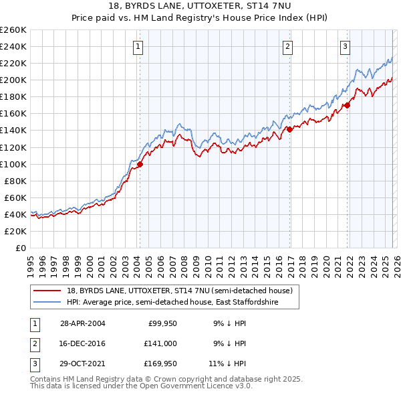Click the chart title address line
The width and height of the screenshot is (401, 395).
point(200,6)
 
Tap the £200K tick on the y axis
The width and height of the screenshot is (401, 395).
point(13,80)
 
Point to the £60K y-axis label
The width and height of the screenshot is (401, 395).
point(15,197)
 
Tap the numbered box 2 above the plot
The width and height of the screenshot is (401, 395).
point(287,46)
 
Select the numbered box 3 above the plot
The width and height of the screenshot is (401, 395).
point(345,46)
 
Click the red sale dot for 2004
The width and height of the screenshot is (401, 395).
point(140,164)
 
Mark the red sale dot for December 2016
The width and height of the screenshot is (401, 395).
point(289,129)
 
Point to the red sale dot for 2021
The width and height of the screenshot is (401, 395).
point(348,105)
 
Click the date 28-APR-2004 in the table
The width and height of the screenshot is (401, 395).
point(82,323)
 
